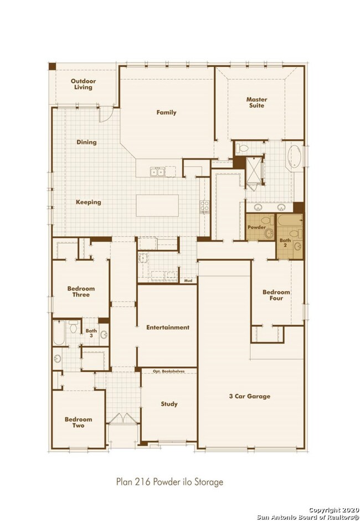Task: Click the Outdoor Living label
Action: (82, 84)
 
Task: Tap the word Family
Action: (166, 113)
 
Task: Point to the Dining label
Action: (86, 142)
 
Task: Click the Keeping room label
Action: (89, 202)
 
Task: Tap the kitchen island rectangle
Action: (158, 207)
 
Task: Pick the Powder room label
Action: (256, 227)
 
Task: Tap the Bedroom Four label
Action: (273, 295)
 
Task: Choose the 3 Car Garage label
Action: (250, 396)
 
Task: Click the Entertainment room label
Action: (168, 328)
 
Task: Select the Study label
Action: (169, 404)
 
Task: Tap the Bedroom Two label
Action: (78, 423)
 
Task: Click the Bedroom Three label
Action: (81, 292)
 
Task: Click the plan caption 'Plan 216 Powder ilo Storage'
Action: (170, 482)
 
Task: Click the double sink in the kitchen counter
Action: (157, 172)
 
